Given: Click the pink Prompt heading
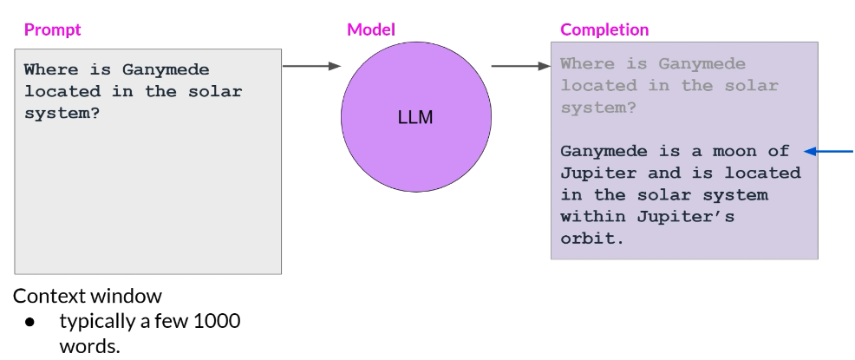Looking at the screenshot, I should pos(52,29).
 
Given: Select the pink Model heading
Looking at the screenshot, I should pos(370,29).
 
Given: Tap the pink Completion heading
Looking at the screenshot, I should pos(604,29).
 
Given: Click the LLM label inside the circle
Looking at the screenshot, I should pos(414,116).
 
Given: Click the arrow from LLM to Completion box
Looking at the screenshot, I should pos(520,65).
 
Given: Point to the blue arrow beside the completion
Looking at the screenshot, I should pos(828,151).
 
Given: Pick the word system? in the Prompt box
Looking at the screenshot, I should pos(62,113).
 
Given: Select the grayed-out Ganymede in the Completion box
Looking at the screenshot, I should pos(702,63).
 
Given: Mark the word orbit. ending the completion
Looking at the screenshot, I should pos(592,238).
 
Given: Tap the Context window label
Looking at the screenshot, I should pos(87,296).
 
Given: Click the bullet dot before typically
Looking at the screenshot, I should pos(30,322).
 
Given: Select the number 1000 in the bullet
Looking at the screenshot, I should pos(218,321).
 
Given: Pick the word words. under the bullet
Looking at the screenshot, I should pos(89,345).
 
